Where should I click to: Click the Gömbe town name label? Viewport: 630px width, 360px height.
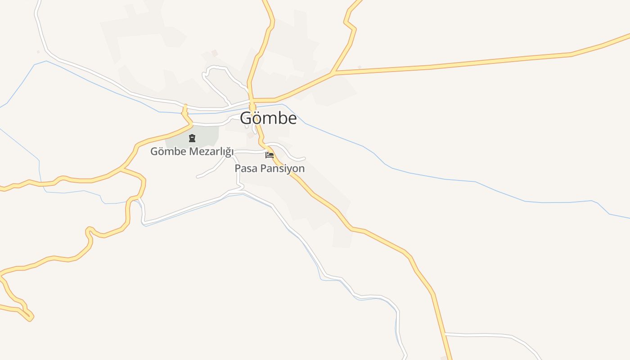pyautogui.click(x=268, y=118)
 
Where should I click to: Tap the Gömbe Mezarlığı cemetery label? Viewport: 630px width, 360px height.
pyautogui.click(x=192, y=151)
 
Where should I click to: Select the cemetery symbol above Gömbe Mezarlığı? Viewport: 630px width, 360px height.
pyautogui.click(x=192, y=138)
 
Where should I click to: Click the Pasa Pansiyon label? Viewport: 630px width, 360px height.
pyautogui.click(x=270, y=168)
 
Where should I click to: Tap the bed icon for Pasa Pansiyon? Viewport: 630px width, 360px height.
pyautogui.click(x=270, y=155)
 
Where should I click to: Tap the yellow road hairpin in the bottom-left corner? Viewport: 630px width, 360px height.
pyautogui.click(x=30, y=318)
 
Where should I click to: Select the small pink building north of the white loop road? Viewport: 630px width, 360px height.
pyautogui.click(x=215, y=53)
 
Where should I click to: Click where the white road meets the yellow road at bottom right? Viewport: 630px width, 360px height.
pyautogui.click(x=444, y=334)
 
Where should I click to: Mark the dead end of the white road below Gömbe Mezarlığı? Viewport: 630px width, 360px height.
pyautogui.click(x=198, y=177)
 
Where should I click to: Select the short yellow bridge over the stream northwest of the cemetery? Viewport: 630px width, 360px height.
pyautogui.click(x=184, y=109)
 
